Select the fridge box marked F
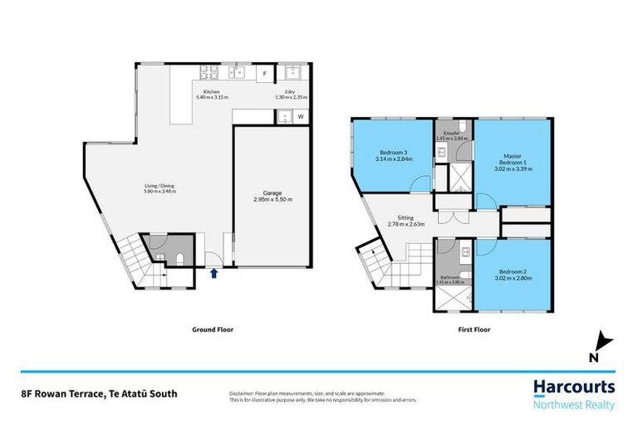point(265,75)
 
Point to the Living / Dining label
point(156,186)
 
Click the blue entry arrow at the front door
point(213,272)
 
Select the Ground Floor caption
point(207,330)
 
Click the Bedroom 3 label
point(394,153)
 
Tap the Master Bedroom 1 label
point(513,159)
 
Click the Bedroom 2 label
point(513,271)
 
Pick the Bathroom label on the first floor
point(449,277)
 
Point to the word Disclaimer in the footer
point(243,393)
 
